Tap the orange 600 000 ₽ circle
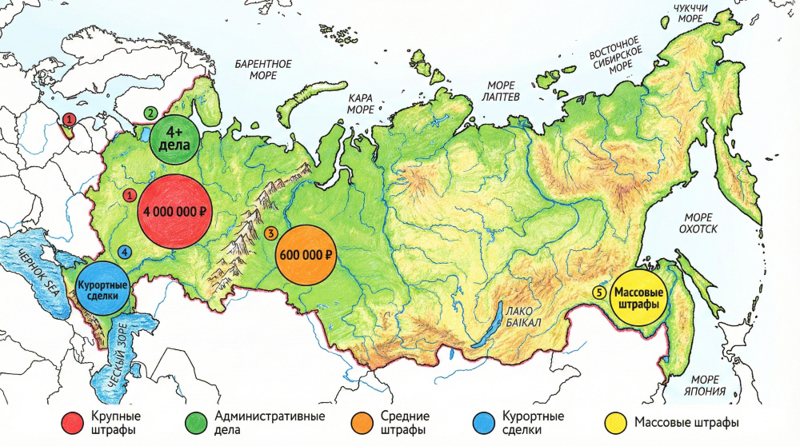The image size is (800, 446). (306, 255)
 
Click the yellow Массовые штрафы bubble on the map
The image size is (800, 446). (638, 298)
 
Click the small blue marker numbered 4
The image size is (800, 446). (125, 251)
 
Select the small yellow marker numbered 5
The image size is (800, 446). (598, 293)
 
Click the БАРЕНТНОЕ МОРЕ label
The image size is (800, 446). (263, 69)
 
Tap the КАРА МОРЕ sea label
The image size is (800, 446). (360, 103)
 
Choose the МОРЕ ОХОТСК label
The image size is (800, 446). (700, 223)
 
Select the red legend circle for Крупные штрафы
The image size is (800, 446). (73, 423)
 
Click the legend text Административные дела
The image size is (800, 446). (270, 423)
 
